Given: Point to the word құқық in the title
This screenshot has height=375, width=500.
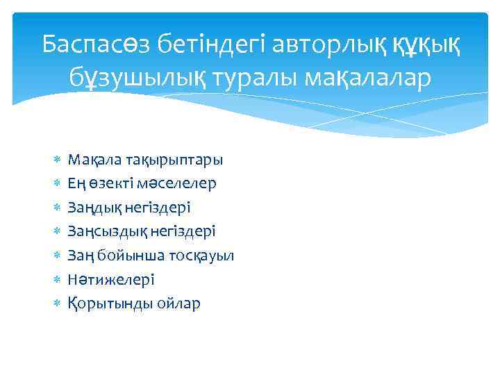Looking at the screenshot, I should coord(426,46).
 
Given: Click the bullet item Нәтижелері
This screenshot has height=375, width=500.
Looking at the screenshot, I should coord(101,280).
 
